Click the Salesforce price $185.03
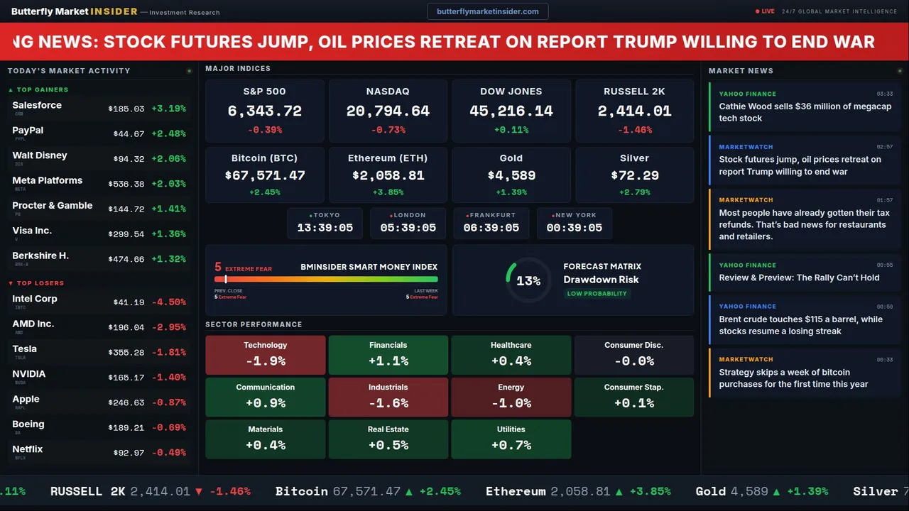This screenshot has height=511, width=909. pos(126,109)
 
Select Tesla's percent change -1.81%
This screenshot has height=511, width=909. pos(169,352)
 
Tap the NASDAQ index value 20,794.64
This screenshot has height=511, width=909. pos(388,111)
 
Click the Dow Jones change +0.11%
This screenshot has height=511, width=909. pos(511,130)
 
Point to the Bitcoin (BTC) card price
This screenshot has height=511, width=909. pos(265,175)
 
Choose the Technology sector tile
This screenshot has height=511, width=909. pos(265,354)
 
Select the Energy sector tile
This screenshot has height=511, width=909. pos(511,397)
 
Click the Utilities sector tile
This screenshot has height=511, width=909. pos(511,439)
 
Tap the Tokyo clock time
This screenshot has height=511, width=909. pos(325,228)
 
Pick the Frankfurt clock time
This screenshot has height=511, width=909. pos(491,228)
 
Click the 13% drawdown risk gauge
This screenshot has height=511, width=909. pos(528,281)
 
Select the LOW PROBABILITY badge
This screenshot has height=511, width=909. pos(597,294)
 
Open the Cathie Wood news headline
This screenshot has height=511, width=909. pos(805,112)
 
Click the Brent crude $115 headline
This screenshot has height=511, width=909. pos(800,325)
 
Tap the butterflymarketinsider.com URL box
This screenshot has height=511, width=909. pos(487,11)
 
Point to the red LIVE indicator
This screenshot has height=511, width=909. pos(765,11)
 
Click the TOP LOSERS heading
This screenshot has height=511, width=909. pos(40,283)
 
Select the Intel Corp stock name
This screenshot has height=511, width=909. pos(35,299)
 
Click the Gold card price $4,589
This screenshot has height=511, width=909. pos(511,175)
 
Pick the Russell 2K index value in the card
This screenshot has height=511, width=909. pos(634,111)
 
